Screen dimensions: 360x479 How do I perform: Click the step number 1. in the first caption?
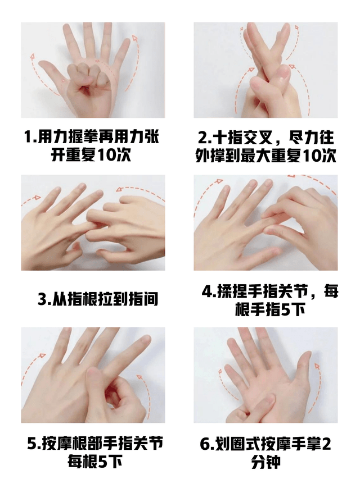pos(30,137)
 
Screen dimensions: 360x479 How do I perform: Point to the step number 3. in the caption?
pos(44,299)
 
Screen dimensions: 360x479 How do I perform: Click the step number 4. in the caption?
pos(209,291)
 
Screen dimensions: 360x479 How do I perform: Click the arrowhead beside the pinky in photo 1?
pos(134,38)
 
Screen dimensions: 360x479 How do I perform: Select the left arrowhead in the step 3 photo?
pos(38,197)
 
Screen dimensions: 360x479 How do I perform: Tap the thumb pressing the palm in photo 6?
pos(266,402)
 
